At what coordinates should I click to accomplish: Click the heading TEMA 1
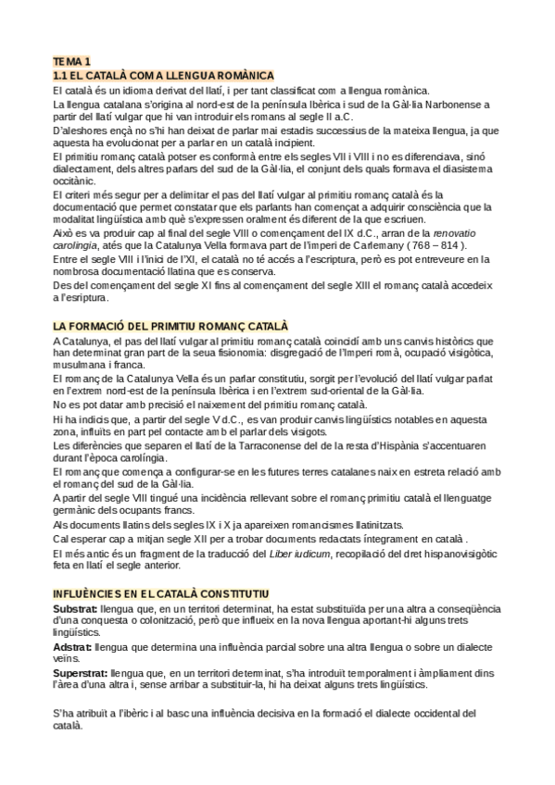coord(71,61)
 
